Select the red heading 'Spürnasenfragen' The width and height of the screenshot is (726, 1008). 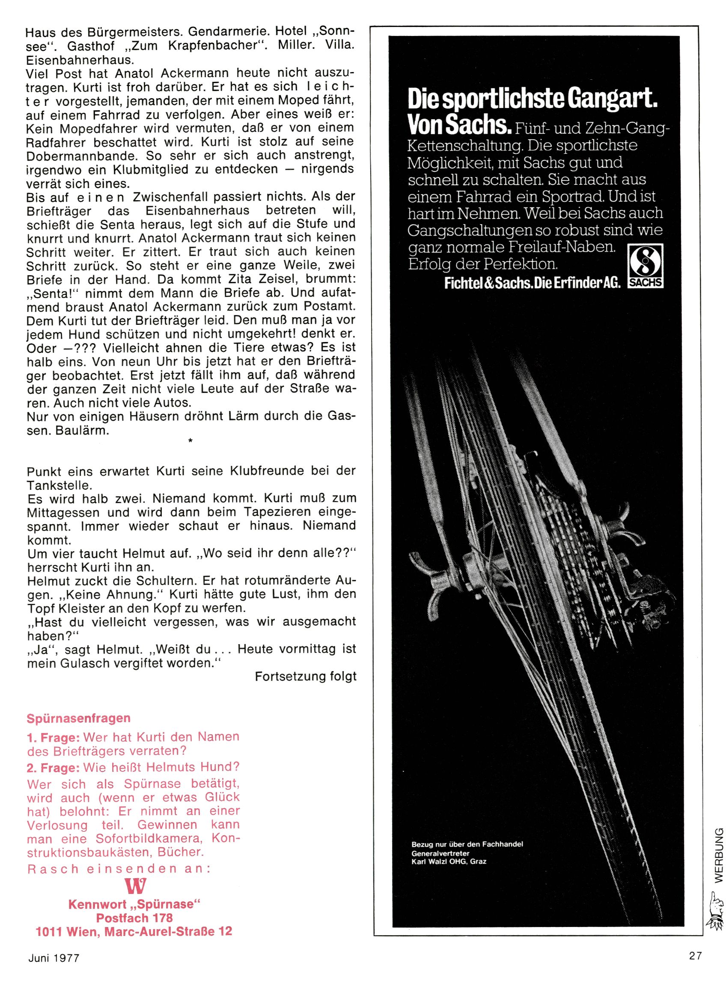pos(79,718)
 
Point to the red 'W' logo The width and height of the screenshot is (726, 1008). pos(136,887)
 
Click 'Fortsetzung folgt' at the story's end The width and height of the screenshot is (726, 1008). pos(306,676)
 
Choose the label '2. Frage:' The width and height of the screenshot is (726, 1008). pos(53,767)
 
